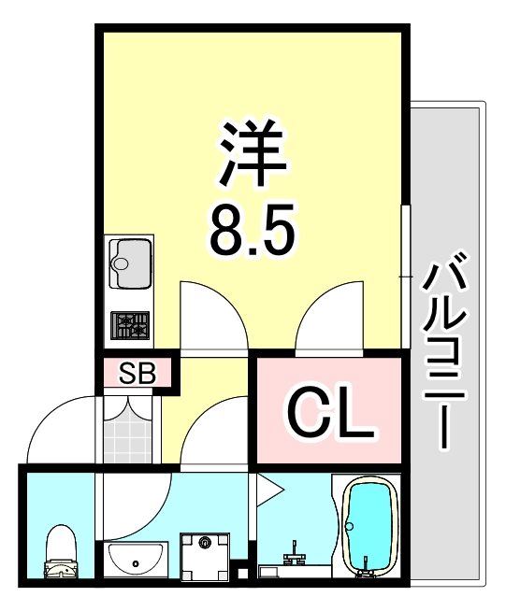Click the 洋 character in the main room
[x=252, y=153]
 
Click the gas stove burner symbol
[x=131, y=325]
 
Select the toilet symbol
[x=63, y=552]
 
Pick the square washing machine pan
[x=206, y=557]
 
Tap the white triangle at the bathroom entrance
[x=267, y=487]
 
